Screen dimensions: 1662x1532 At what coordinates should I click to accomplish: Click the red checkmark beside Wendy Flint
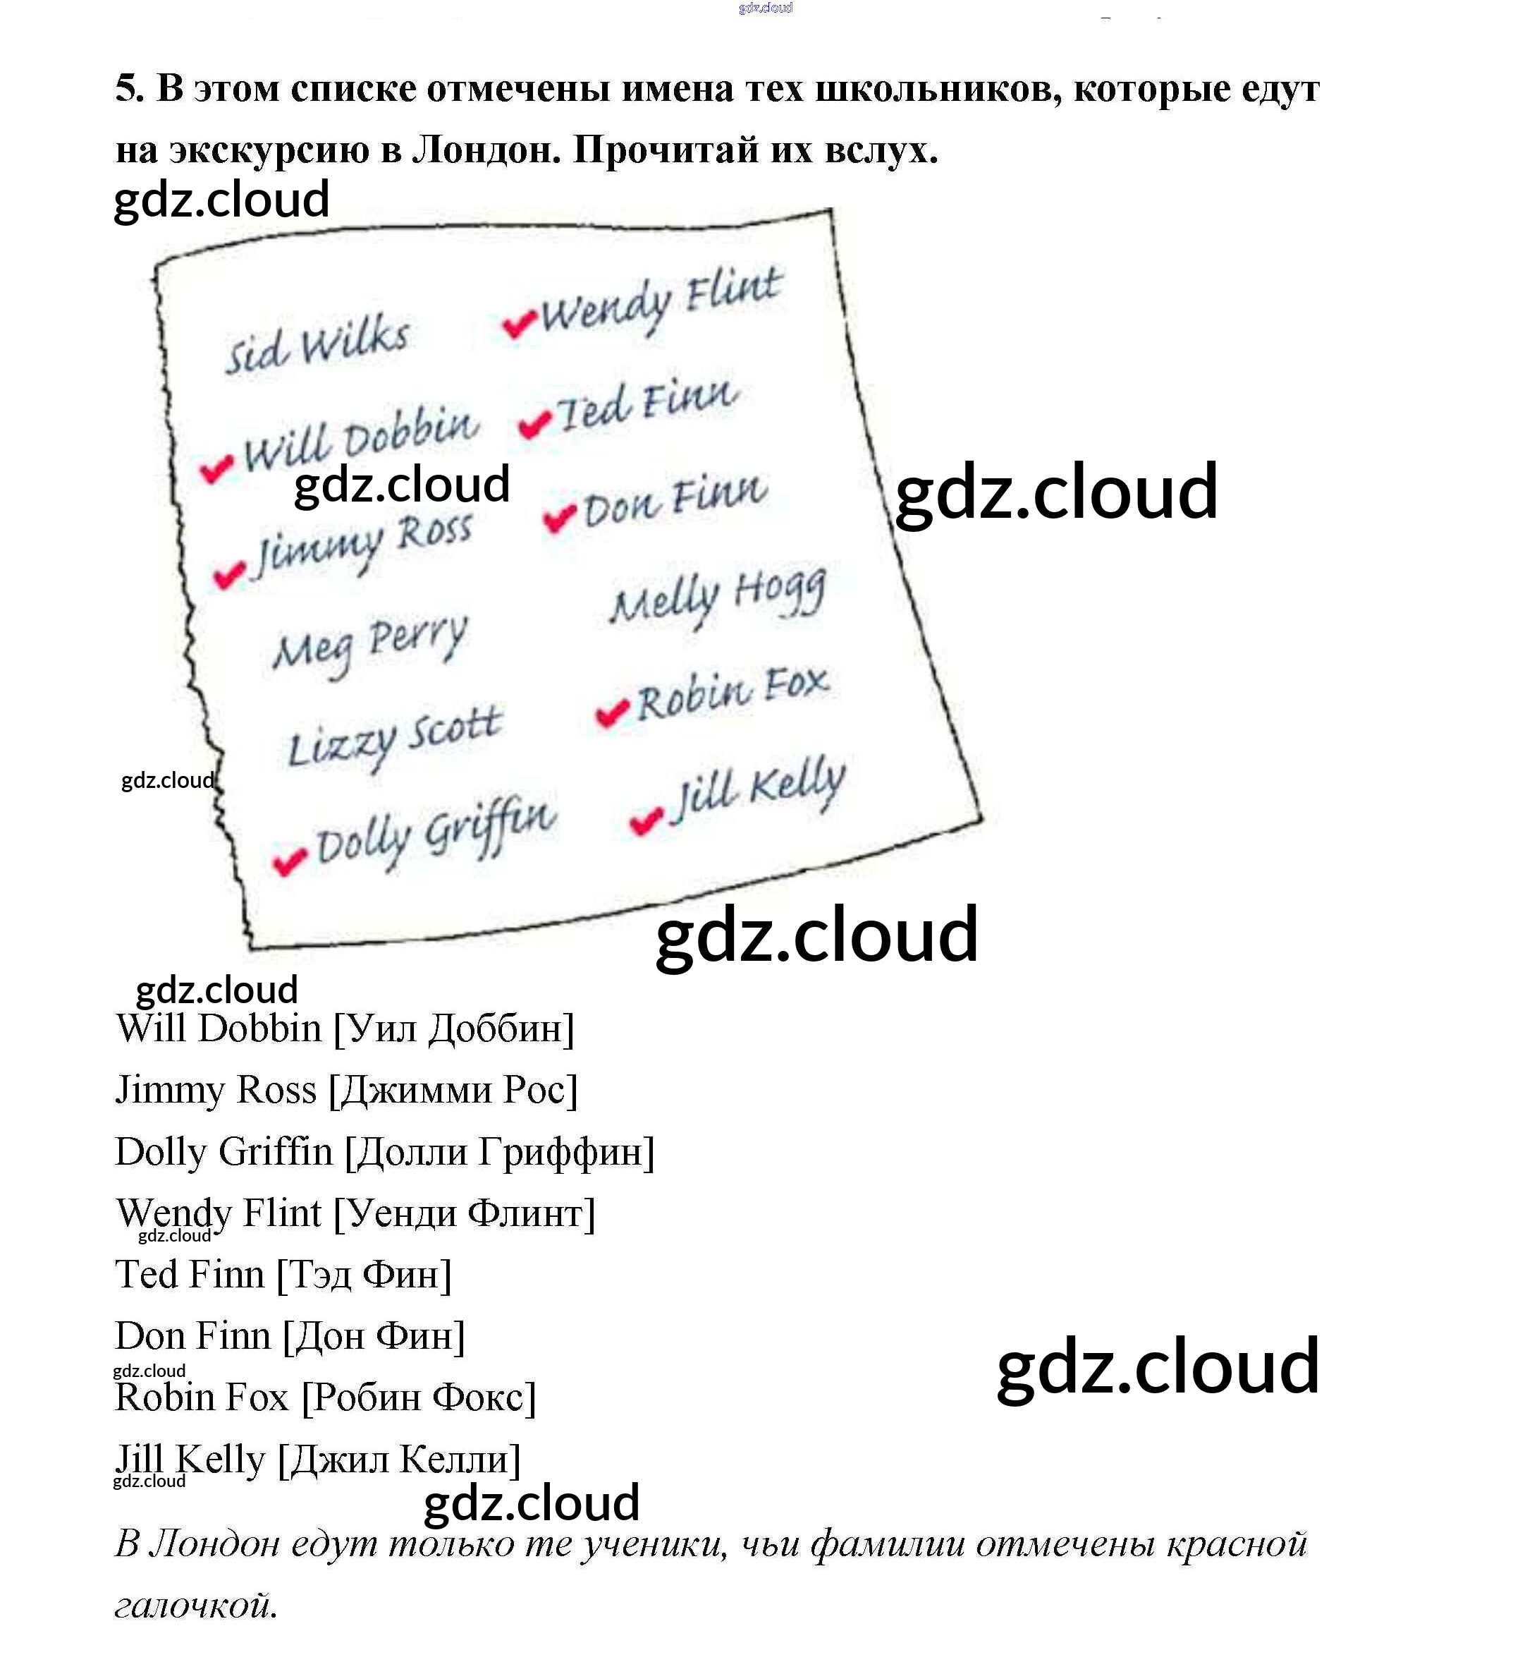coord(519,324)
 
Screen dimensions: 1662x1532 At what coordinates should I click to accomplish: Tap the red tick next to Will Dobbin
coord(217,468)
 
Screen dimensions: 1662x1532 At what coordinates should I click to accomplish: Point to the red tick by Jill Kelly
coord(646,820)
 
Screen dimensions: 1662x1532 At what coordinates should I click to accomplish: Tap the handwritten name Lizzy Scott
coord(395,738)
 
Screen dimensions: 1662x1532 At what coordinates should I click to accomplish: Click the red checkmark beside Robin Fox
coord(613,712)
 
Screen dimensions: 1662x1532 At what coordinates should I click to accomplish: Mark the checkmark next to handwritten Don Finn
coord(560,518)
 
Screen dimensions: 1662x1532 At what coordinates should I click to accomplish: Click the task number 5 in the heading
coord(128,89)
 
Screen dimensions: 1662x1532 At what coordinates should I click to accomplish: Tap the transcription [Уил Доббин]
coord(453,1029)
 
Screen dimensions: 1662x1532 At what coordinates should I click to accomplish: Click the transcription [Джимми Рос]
coord(453,1091)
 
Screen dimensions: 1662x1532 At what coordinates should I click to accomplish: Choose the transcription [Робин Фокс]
coord(419,1397)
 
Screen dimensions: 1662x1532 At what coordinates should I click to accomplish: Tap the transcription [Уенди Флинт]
coord(464,1213)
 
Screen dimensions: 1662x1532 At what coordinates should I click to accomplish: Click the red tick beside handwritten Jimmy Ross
coord(230,574)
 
